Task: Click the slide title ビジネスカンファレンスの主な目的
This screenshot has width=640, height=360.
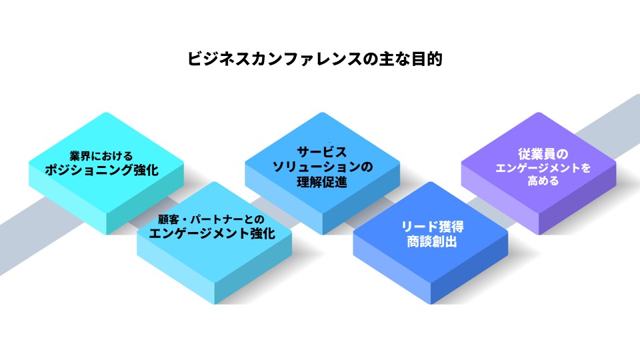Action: [x=315, y=59]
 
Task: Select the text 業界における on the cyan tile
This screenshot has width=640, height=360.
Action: [x=101, y=156]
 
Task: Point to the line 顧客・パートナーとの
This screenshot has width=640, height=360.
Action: [x=211, y=219]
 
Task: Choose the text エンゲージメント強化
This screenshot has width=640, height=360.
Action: [x=212, y=233]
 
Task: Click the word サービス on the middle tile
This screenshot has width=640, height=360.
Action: [x=321, y=152]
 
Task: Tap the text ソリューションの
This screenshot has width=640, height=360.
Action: [x=323, y=167]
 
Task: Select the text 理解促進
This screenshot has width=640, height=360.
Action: [x=322, y=182]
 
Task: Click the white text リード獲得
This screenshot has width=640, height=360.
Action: [x=432, y=227]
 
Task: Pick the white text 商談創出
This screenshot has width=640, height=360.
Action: [x=432, y=241]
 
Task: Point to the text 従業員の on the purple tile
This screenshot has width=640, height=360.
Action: [x=543, y=154]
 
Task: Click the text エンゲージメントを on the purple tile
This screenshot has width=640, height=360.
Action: [x=543, y=168]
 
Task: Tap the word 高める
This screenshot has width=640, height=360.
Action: [x=543, y=181]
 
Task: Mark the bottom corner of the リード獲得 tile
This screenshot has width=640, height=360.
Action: [x=431, y=304]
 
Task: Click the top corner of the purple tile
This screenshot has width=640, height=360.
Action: [x=539, y=112]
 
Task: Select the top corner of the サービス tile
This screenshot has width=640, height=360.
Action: [x=323, y=112]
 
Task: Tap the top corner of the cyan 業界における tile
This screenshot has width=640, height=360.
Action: [x=106, y=112]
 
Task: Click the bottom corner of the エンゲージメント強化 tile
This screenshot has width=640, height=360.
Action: [x=215, y=304]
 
